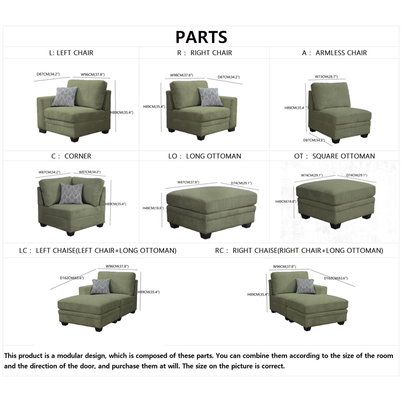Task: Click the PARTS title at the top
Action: click(201, 37)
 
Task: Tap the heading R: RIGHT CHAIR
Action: click(205, 53)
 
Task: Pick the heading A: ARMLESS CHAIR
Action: click(335, 53)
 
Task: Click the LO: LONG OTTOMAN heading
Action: click(205, 156)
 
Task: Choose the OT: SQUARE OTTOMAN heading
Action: click(335, 156)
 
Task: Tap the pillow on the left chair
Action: click(65, 96)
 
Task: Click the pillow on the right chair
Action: click(210, 96)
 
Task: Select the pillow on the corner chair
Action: click(71, 193)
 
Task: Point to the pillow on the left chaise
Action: click(100, 286)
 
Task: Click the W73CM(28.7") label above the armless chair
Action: click(327, 77)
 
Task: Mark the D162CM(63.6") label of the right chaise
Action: click(336, 278)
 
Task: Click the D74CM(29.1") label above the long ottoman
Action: click(241, 182)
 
